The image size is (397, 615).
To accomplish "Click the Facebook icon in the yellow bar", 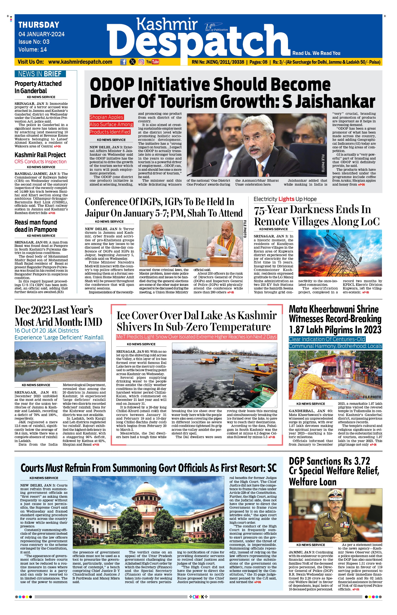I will coord(124,62).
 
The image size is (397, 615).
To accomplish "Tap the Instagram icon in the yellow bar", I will coord(141,62).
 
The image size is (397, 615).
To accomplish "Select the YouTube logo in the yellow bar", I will coord(153,62).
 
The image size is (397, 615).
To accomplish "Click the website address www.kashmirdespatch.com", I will coord(80,62).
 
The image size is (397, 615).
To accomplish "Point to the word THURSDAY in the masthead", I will coord(39,25).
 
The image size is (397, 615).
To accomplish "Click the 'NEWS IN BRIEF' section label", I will coord(40,74).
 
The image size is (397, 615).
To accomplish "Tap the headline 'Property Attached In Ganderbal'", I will coord(38,87).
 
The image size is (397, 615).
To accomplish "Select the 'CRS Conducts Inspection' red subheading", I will coord(40,162).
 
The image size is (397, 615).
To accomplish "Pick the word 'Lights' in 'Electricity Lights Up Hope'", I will coord(286,199).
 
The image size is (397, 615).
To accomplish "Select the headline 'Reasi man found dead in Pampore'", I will coord(36,226).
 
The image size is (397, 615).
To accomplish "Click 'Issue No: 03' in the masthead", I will coord(34,42).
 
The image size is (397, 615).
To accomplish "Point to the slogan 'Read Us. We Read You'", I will coord(316,53).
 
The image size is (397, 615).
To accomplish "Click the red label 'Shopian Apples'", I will coord(107,117).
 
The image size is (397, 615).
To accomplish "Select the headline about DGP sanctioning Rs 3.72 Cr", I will coord(334,471).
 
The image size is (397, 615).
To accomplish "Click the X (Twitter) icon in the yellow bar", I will coord(133,62).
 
